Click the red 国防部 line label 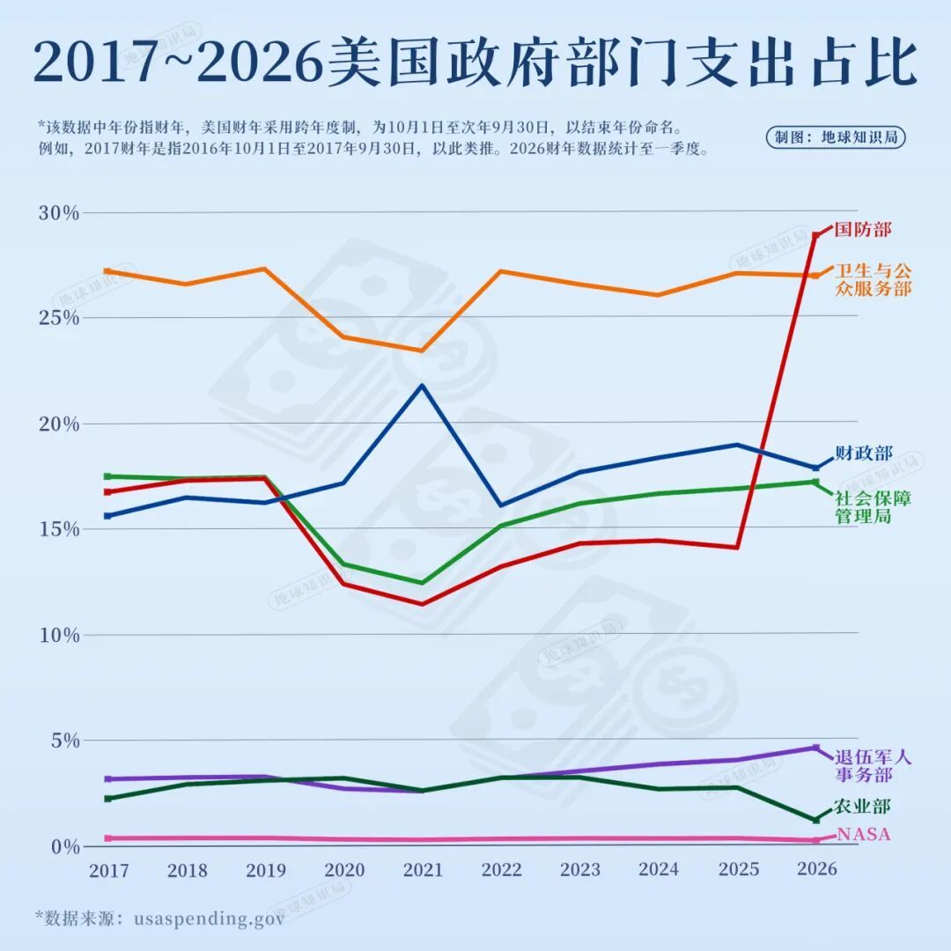click(x=862, y=230)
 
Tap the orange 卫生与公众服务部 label click(x=872, y=279)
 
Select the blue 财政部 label click(x=864, y=453)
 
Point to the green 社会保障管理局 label click(x=873, y=506)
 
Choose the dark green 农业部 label click(x=862, y=807)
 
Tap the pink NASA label click(x=863, y=835)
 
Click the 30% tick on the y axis click(x=58, y=214)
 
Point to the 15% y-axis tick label click(x=58, y=529)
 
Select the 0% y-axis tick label click(x=63, y=846)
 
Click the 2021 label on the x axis click(x=423, y=870)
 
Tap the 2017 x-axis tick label click(x=108, y=870)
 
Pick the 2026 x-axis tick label click(x=816, y=869)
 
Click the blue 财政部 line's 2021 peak click(x=423, y=385)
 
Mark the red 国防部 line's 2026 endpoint click(x=816, y=235)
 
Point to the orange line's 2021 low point click(x=423, y=350)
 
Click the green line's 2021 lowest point click(x=423, y=583)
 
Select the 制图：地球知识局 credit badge click(x=836, y=137)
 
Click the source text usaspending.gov click(x=210, y=918)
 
